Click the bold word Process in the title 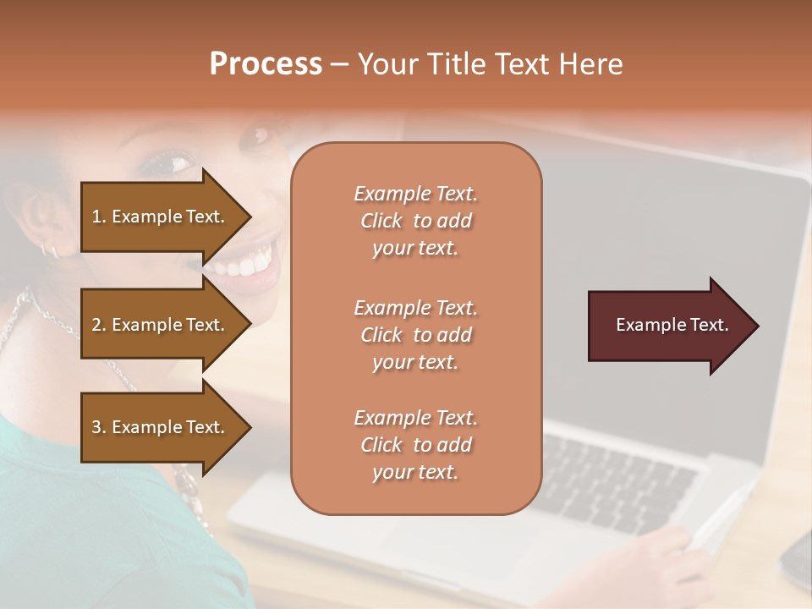tap(266, 64)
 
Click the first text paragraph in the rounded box tap(415, 221)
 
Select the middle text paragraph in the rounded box tap(415, 335)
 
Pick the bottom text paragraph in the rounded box tap(415, 445)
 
